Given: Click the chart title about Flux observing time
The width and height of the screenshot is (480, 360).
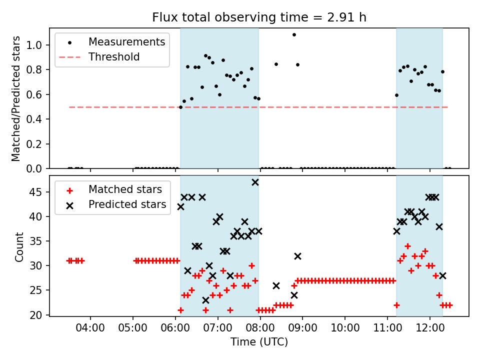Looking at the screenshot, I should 259,17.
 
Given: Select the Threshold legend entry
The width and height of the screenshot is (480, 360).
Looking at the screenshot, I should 114,57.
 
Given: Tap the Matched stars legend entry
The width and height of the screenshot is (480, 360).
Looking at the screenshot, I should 125,189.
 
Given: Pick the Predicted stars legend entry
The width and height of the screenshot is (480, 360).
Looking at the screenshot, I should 127,204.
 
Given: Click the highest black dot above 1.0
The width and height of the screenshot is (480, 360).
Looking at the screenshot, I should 294,35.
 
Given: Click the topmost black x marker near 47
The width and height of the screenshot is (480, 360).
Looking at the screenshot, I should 255,182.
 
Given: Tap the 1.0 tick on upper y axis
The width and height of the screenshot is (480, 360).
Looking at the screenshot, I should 38,45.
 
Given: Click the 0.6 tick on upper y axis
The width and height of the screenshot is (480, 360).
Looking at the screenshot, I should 38,94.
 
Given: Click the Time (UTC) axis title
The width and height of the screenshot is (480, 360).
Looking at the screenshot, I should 259,342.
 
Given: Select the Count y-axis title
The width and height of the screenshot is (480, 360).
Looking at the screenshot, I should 19,246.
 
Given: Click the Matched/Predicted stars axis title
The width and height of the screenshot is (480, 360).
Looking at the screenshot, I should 16,98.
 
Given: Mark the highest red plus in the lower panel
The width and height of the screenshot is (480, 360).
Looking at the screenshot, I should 407,246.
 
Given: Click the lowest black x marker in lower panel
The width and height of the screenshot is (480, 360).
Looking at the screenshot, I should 205,300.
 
